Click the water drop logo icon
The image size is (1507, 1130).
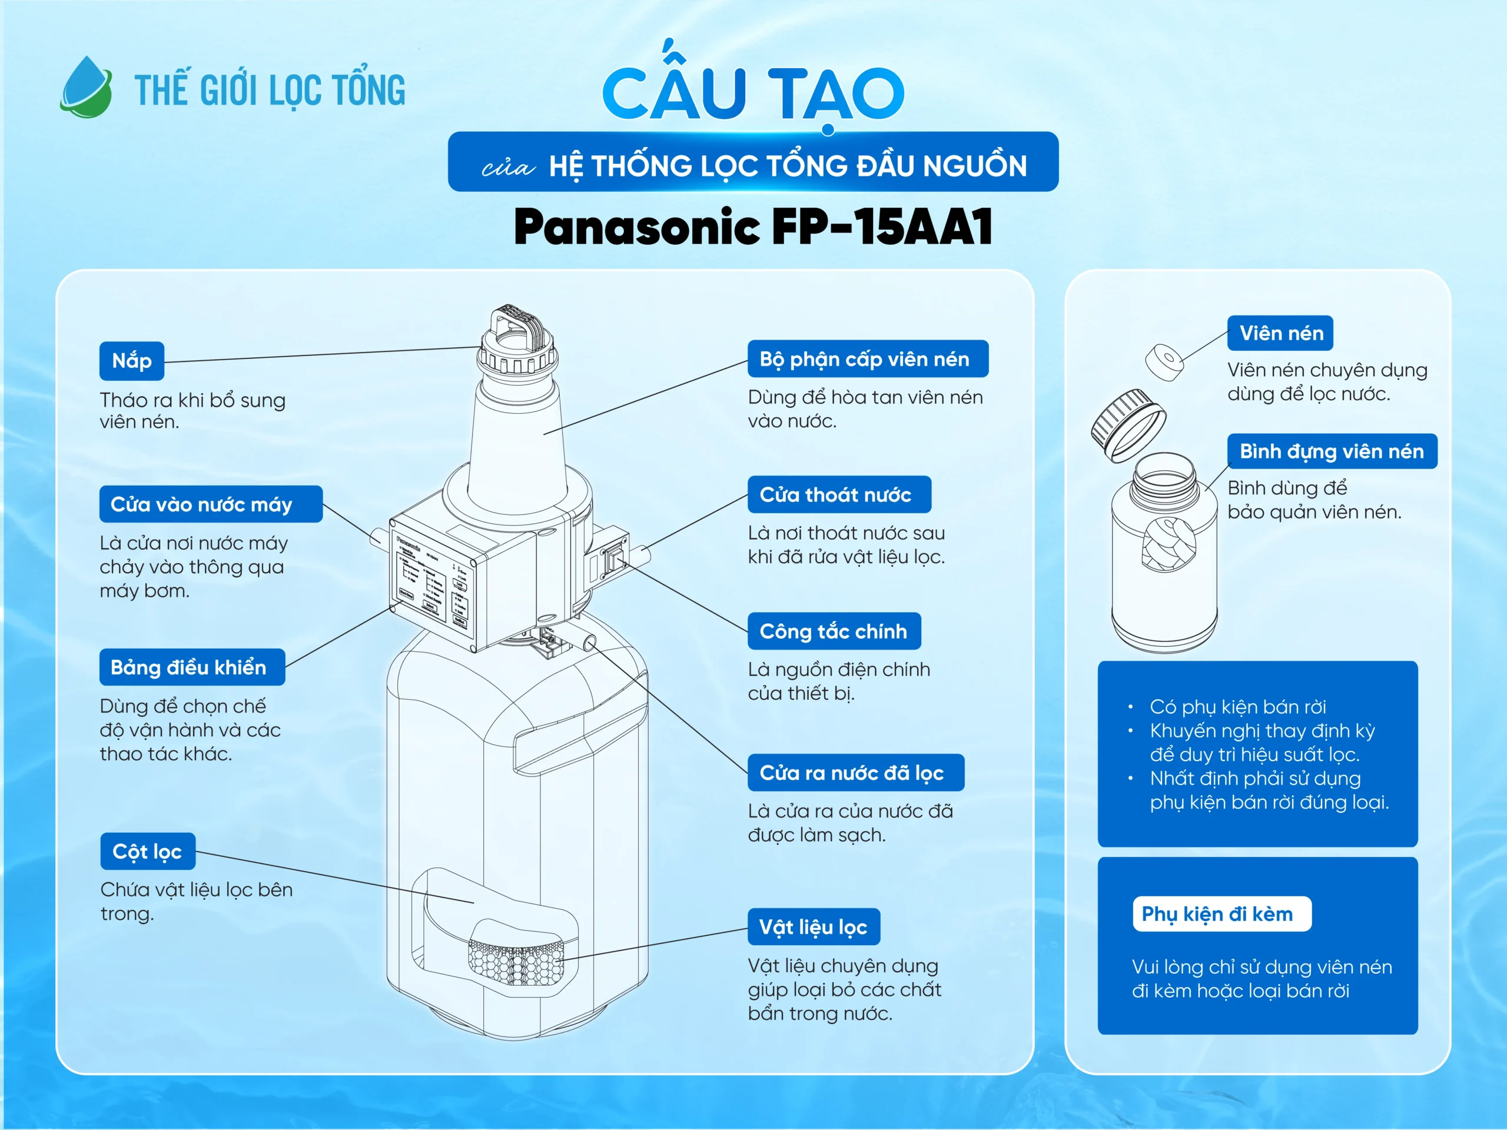87,88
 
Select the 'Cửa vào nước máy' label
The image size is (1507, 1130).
211,504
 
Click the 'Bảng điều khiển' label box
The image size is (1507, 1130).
192,667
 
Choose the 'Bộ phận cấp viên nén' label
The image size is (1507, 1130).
867,359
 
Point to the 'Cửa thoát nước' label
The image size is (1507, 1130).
839,494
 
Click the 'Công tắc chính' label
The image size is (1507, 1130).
834,631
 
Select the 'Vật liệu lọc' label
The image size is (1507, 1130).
814,926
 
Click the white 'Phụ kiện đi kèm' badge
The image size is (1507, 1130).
1221,913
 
